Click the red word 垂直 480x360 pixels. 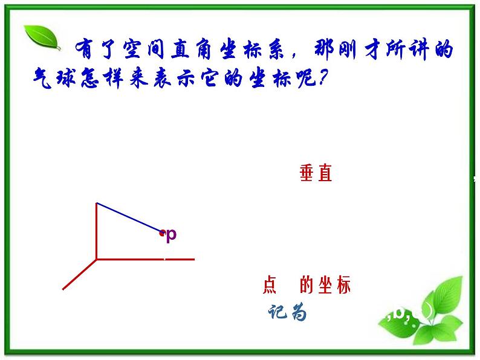316,174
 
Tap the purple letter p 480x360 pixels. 171,234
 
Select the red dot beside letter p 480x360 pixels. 161,233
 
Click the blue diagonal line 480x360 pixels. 128,217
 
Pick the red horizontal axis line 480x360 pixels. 145,259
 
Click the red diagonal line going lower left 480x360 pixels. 79,274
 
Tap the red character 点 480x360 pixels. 270,285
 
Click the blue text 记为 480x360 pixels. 288,312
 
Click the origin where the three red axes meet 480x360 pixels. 97,259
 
